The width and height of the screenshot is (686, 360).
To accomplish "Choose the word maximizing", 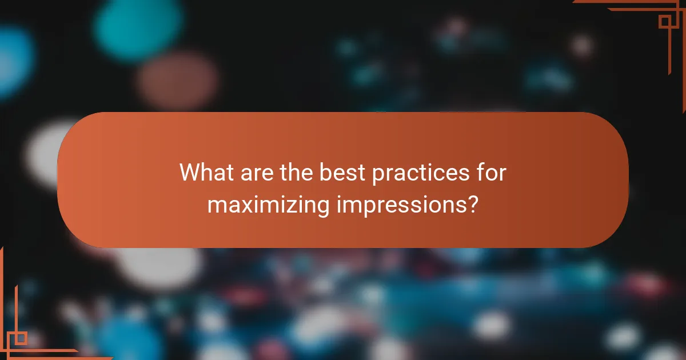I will (x=268, y=204).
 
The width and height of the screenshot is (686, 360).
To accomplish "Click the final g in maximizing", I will (x=322, y=207).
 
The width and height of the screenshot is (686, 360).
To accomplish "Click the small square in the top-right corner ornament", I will (x=665, y=22).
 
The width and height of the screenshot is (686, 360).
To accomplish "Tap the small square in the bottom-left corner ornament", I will (x=21, y=338).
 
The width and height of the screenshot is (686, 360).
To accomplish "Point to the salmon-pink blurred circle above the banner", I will (x=178, y=80).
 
